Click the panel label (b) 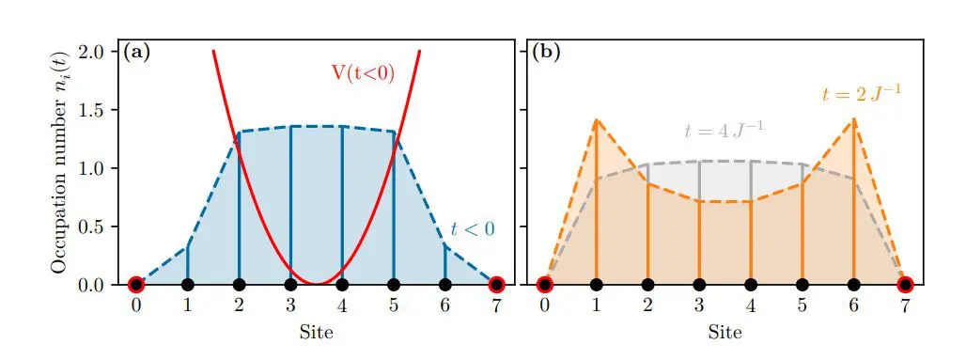pos(546,52)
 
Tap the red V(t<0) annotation pos(362,74)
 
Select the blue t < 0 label pos(473,227)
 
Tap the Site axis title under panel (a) pos(316,332)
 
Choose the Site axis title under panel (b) pos(724,332)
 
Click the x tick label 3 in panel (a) pos(290,307)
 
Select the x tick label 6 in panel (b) pos(853,307)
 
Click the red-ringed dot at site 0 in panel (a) pos(136,284)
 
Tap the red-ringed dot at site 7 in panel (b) pos(905,284)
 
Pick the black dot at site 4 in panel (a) pos(342,284)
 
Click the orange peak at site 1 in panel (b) pos(597,119)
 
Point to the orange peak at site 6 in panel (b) pos(853,119)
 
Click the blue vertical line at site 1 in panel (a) pos(188,265)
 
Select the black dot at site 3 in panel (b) pos(699,284)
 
